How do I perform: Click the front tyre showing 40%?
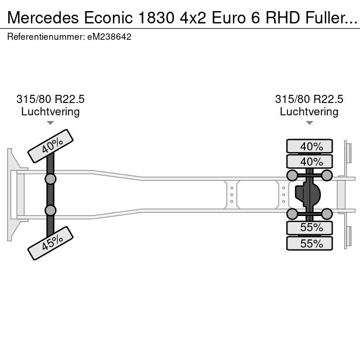tap(50, 146)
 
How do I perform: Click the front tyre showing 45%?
tap(51, 243)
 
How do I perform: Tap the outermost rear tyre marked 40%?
tap(309, 146)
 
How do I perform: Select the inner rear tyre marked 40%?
tap(309, 161)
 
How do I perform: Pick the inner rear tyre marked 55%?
tap(309, 228)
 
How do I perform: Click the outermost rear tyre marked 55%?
tap(309, 243)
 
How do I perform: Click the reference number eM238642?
tap(108, 36)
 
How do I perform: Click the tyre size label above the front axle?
tap(50, 99)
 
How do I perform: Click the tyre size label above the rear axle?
tap(309, 99)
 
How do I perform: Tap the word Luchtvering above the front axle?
tap(50, 111)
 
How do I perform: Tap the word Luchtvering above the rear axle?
tap(309, 111)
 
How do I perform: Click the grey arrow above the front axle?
tap(50, 123)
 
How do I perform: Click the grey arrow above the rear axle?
tap(309, 123)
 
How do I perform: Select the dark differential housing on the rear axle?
tap(308, 194)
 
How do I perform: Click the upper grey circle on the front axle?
tap(50, 179)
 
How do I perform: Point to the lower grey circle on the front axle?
tap(50, 210)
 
